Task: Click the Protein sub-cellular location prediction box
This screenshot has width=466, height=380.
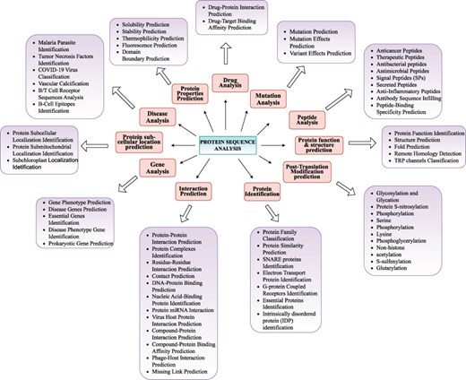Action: [x=141, y=143]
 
